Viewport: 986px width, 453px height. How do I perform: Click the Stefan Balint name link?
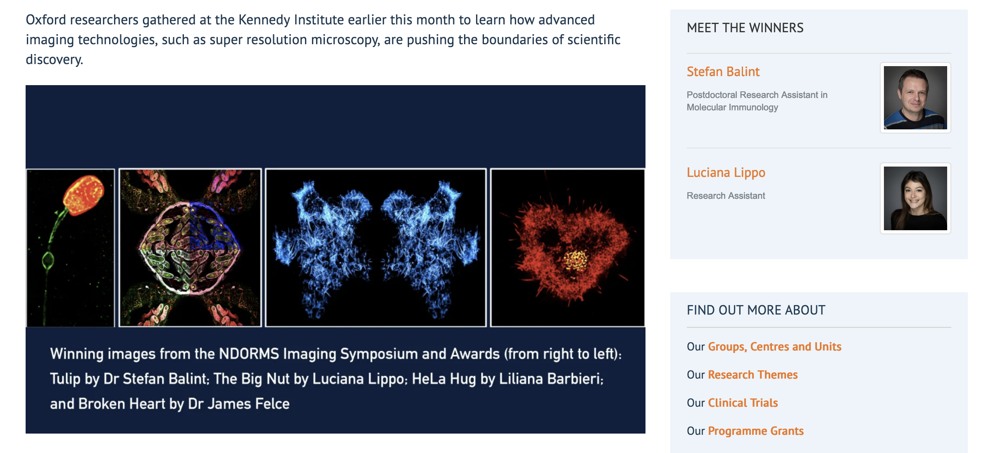[723, 72]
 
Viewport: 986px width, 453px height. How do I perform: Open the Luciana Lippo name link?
[726, 172]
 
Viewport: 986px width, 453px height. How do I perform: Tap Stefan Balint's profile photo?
[915, 98]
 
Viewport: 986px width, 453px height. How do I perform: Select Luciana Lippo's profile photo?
[915, 198]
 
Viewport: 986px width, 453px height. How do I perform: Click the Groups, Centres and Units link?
[774, 346]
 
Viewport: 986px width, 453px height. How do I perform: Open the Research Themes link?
[753, 374]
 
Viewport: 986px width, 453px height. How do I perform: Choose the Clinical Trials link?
[743, 403]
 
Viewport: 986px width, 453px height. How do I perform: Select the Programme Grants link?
[755, 431]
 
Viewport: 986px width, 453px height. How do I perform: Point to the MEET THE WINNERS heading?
[745, 28]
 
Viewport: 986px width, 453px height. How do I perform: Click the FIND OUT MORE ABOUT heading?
[756, 310]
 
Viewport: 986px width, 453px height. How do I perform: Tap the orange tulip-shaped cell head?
[84, 194]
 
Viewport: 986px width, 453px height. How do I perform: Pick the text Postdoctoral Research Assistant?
[752, 95]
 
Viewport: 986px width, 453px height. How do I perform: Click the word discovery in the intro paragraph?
[54, 60]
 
